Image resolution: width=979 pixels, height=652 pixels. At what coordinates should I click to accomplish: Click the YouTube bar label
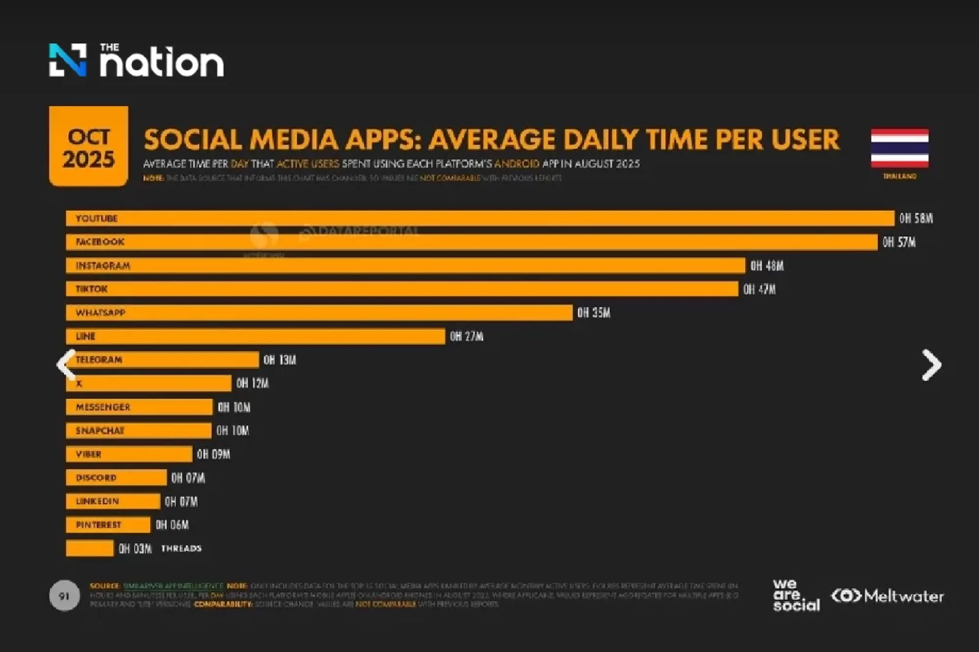point(96,219)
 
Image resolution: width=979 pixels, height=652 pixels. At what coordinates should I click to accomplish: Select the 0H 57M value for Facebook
point(899,242)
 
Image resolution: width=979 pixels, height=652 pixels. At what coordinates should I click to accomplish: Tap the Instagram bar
point(405,266)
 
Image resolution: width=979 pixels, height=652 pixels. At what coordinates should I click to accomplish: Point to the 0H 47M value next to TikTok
point(759,290)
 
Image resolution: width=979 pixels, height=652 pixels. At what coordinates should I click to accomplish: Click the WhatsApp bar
point(319,313)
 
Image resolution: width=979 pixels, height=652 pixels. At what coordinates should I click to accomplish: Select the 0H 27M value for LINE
point(466,337)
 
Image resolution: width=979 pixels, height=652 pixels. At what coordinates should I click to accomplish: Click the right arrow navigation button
point(931,365)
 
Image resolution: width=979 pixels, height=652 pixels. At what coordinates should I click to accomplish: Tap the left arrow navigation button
point(66,364)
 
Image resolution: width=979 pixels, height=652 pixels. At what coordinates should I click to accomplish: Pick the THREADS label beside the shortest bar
point(181,549)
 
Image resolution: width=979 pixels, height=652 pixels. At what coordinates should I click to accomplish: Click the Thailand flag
point(900,148)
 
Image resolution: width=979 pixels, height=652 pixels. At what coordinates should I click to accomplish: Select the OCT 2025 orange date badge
point(89,147)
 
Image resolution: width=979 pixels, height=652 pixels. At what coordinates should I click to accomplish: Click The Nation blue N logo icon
point(68,60)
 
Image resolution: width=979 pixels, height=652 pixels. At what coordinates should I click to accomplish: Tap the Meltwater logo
point(887,596)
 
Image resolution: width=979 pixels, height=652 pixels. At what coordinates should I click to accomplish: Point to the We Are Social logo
point(795,595)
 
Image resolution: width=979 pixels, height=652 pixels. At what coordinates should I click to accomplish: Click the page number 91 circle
point(64,596)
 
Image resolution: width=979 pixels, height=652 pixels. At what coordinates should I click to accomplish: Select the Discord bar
point(116,478)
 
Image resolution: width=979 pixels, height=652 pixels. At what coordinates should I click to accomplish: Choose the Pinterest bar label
point(98,525)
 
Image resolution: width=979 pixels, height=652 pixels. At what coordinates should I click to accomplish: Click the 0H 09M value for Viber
point(213,454)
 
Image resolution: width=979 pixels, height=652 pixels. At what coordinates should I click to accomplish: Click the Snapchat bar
point(139,431)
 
